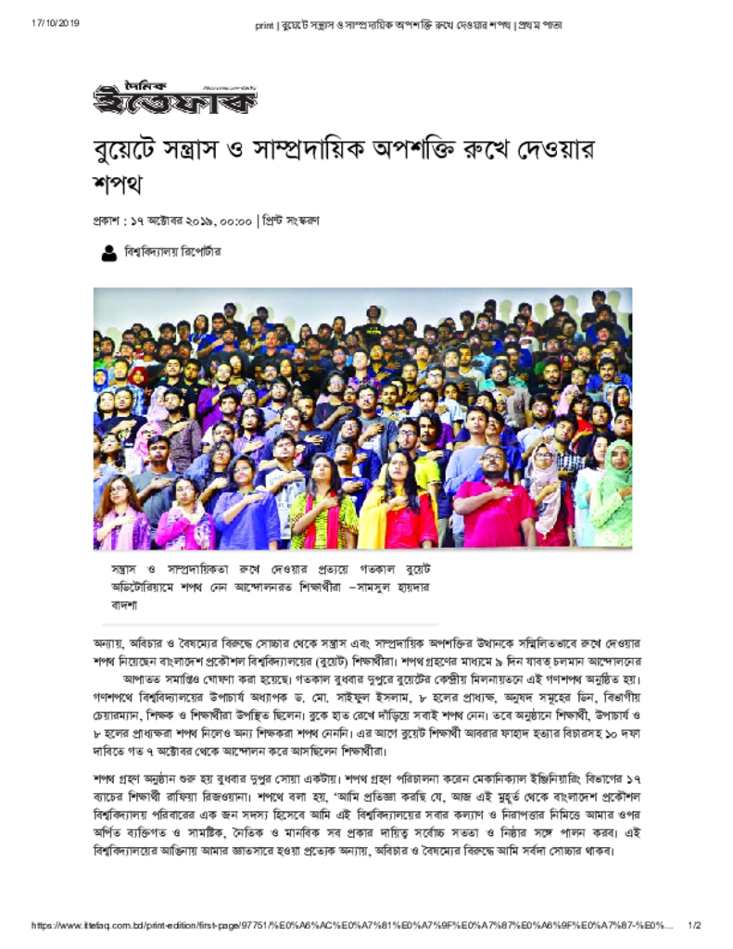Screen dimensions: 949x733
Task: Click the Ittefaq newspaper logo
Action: [174, 95]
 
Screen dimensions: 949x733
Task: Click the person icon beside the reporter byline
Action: [108, 252]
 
